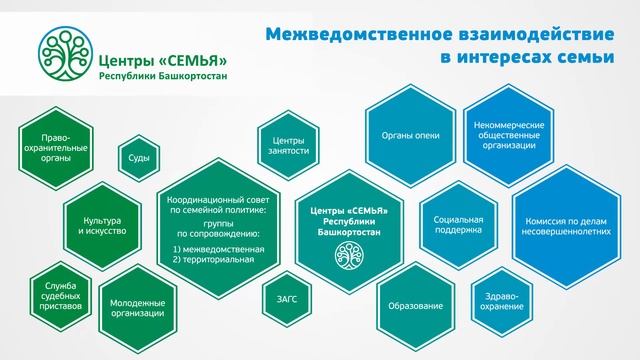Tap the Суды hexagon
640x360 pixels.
click(x=138, y=158)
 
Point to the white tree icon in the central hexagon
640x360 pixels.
click(x=350, y=255)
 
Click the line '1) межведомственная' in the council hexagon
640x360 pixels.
click(x=217, y=248)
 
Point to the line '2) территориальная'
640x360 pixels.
click(x=213, y=259)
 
